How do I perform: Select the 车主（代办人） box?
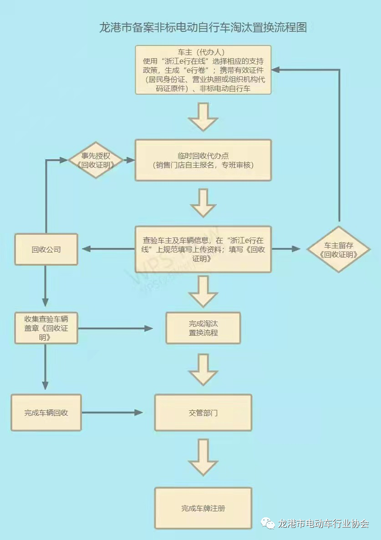pos(203,70)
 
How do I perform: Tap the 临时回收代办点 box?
pos(203,160)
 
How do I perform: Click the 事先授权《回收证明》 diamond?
pos(96,160)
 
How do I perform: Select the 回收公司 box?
pos(46,249)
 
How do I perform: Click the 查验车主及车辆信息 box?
pos(203,249)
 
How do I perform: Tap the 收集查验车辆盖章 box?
pos(46,328)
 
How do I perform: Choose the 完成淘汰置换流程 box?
pos(203,328)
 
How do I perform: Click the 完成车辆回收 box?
pos(46,413)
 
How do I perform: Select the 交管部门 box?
pos(203,413)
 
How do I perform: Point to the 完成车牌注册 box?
pos(203,509)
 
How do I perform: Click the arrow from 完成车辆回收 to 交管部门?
pos(112,413)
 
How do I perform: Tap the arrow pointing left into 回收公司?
pos(108,249)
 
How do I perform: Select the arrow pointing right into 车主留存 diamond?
pos(286,249)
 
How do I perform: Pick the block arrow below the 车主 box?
pos(203,116)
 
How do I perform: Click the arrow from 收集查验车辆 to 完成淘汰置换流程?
pos(116,328)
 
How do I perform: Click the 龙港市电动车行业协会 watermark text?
pos(323,524)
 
